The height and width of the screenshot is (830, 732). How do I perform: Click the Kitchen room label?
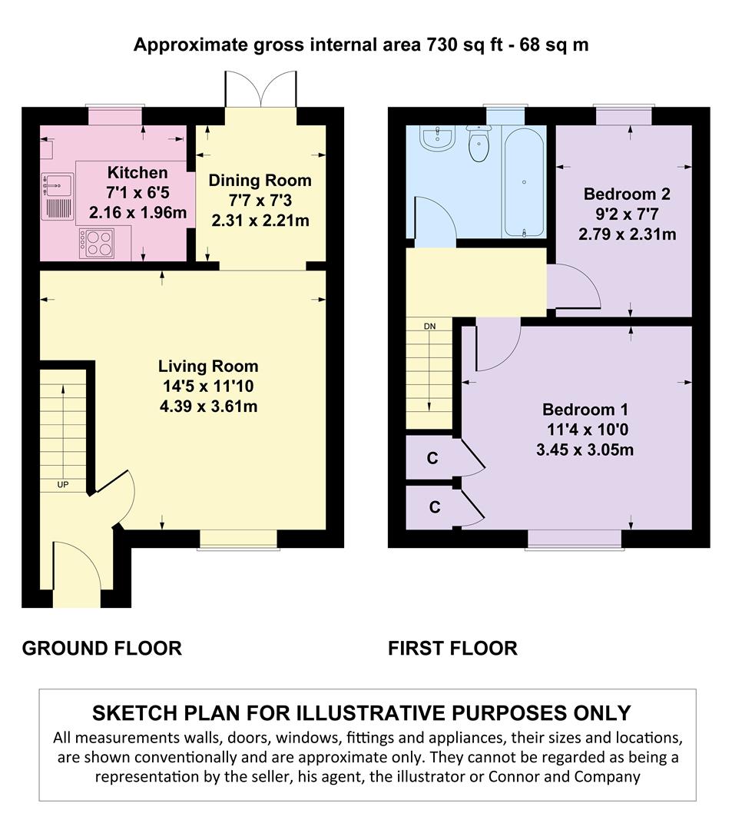pyautogui.click(x=137, y=173)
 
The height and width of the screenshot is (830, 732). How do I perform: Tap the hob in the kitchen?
pyautogui.click(x=96, y=244)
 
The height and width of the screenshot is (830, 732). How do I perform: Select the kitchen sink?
pyautogui.click(x=57, y=197)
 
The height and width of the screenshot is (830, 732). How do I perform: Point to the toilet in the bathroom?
pyautogui.click(x=479, y=143)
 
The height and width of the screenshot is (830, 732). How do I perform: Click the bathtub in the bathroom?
pyautogui.click(x=524, y=181)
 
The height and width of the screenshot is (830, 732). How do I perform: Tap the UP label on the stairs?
pyautogui.click(x=63, y=484)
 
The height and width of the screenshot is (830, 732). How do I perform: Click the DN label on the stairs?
pyautogui.click(x=429, y=326)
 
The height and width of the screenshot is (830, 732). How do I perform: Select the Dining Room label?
pyautogui.click(x=260, y=181)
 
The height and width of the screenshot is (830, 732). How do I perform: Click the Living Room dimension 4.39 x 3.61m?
pyautogui.click(x=208, y=407)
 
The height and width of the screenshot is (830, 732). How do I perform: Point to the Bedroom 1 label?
pyautogui.click(x=585, y=409)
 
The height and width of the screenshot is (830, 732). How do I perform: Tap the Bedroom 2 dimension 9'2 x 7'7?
pyautogui.click(x=628, y=214)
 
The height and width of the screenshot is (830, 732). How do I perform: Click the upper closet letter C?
pyautogui.click(x=432, y=458)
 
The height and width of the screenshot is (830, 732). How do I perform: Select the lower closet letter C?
pyautogui.click(x=434, y=507)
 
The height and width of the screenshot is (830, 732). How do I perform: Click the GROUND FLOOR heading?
pyautogui.click(x=102, y=649)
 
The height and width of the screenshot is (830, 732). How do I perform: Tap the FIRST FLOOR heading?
pyautogui.click(x=452, y=649)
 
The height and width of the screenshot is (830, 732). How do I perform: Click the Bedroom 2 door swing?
pyautogui.click(x=574, y=286)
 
